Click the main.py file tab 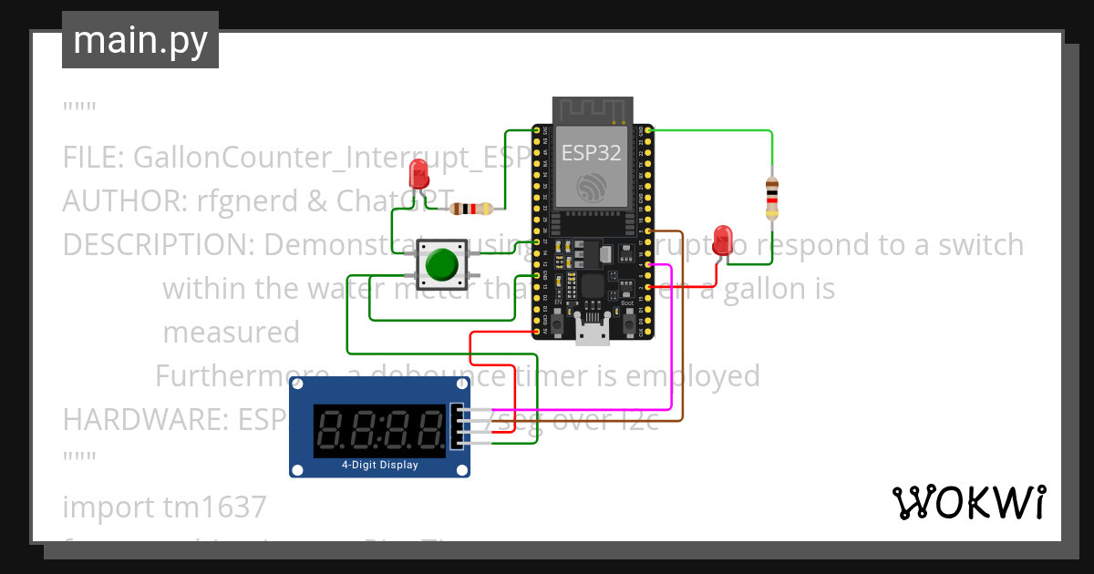tap(139, 40)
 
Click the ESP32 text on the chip tap(591, 152)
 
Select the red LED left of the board tap(419, 173)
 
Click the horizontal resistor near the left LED tap(470, 209)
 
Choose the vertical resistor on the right tap(772, 199)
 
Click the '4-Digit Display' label tap(379, 465)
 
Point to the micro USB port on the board tap(593, 333)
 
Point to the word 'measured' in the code tap(231, 333)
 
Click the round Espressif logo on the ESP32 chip tap(592, 188)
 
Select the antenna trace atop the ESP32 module tap(593, 110)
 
